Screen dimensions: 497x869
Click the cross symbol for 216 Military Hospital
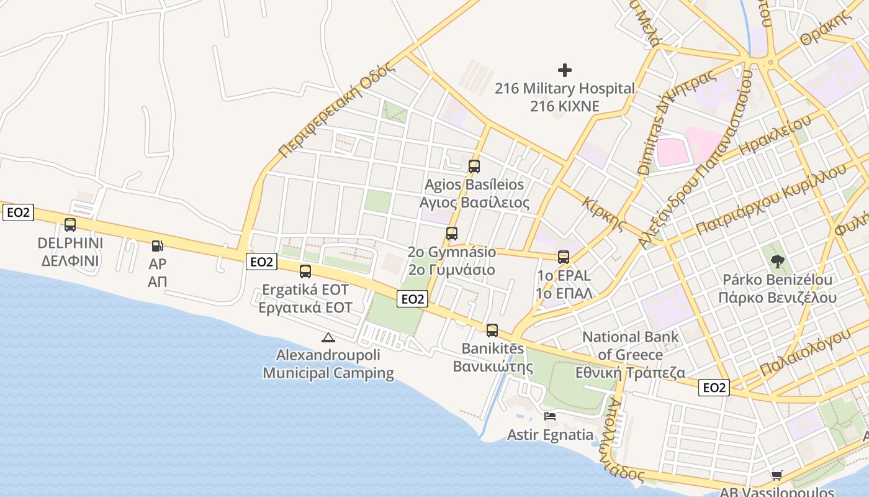[565, 70]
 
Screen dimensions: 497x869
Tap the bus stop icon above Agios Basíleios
[474, 166]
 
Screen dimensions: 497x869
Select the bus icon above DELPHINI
[70, 225]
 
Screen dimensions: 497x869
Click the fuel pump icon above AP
[158, 247]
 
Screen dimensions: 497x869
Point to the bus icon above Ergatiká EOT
[305, 271]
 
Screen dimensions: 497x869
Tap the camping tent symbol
[328, 337]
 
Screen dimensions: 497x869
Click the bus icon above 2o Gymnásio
[452, 234]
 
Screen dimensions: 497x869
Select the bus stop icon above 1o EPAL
[564, 257]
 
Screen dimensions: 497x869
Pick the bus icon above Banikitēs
[492, 330]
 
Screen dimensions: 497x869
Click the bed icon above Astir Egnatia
[550, 416]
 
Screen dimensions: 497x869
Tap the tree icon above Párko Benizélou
[777, 261]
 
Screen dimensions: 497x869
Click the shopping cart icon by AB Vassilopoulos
[777, 475]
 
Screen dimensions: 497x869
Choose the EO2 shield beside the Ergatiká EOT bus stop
[261, 262]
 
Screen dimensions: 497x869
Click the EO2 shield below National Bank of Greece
[714, 388]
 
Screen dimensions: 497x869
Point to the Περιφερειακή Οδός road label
[336, 111]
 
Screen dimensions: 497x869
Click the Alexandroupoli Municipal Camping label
[328, 365]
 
